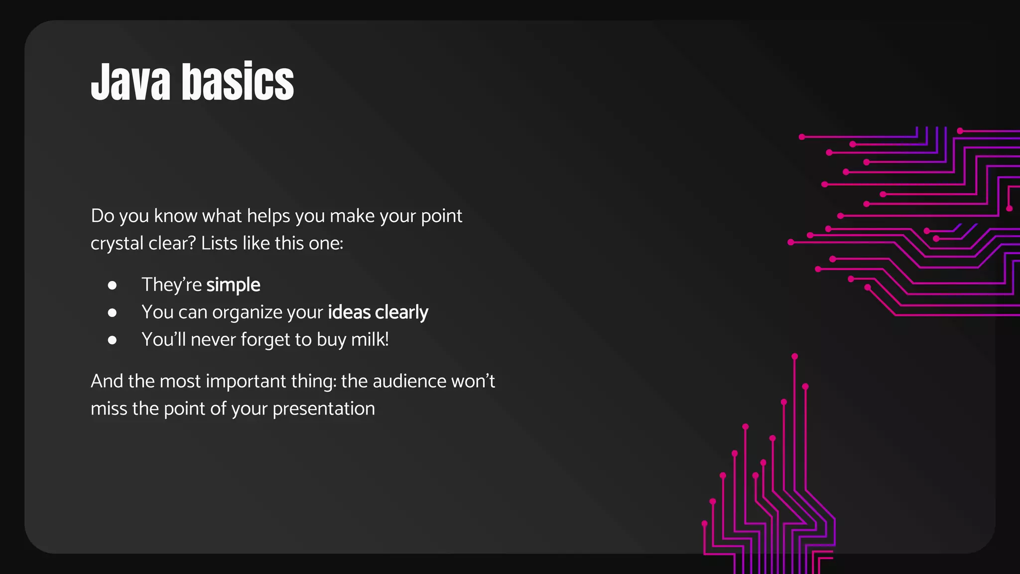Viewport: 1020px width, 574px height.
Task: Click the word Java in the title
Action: pyautogui.click(x=131, y=82)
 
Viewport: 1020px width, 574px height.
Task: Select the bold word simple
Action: pyautogui.click(x=233, y=285)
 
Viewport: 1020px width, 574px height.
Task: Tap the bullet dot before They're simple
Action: pyautogui.click(x=112, y=285)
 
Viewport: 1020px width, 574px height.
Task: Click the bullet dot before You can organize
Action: pyautogui.click(x=112, y=312)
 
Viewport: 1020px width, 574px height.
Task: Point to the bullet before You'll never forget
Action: pyautogui.click(x=112, y=340)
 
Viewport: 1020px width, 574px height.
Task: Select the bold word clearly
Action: pyautogui.click(x=401, y=312)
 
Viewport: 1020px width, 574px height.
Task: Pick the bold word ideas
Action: pyautogui.click(x=349, y=312)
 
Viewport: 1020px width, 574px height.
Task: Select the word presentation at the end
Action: pyautogui.click(x=324, y=409)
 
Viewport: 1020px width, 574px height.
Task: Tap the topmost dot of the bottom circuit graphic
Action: pyautogui.click(x=794, y=356)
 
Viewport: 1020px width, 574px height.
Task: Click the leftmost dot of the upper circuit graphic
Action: pyautogui.click(x=790, y=242)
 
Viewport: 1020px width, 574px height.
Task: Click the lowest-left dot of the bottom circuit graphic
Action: pyautogui.click(x=704, y=523)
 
